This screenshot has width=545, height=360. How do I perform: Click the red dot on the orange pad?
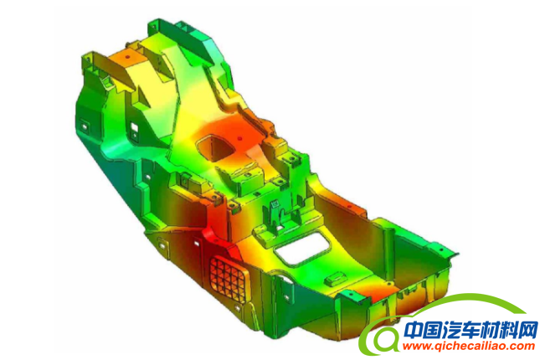[x=127, y=56]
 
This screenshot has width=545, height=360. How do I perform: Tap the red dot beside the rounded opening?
[x=239, y=139]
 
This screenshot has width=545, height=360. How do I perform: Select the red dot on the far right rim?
[x=442, y=249]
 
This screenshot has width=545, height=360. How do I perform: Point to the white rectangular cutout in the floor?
[x=301, y=249]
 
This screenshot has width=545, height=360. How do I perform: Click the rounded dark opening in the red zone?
[x=214, y=147]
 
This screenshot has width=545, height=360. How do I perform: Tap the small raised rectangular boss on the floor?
[x=335, y=279]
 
